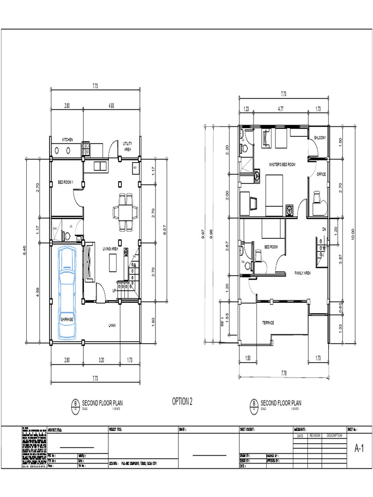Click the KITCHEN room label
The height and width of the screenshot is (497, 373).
67,140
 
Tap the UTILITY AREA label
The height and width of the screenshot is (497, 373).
127,147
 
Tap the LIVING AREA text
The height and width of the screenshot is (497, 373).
110,249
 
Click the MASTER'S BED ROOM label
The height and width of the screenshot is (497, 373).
282,165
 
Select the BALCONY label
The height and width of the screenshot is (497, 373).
320,138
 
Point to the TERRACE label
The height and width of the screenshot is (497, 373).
268,323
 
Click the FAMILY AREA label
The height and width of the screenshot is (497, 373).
303,273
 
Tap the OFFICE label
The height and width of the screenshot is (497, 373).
321,174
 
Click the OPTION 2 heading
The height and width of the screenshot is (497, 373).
182,401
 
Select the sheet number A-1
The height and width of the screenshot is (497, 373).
359,450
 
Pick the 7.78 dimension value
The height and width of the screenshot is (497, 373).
284,373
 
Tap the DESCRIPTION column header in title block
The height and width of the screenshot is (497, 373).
335,435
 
